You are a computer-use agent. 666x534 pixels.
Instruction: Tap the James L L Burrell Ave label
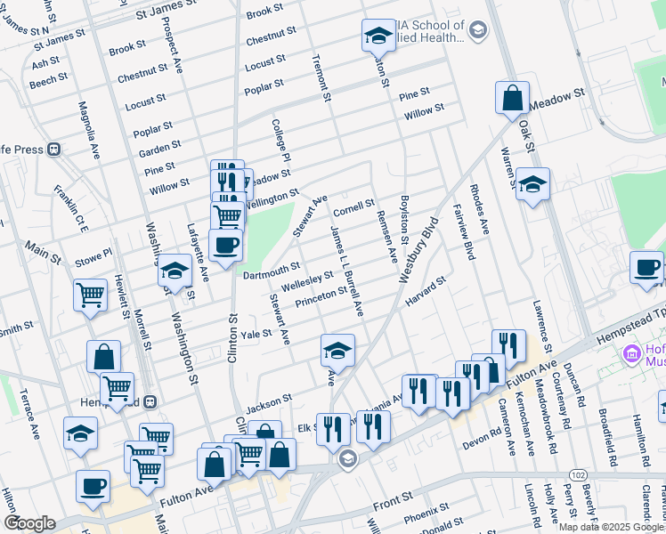(346, 271)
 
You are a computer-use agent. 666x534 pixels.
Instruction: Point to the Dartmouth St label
(272, 270)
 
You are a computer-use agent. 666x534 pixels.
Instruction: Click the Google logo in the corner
(29, 522)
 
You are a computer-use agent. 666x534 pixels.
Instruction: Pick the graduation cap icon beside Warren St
(532, 184)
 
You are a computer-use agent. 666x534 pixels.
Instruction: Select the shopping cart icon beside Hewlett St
(91, 295)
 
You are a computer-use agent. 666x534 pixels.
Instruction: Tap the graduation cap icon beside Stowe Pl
(175, 269)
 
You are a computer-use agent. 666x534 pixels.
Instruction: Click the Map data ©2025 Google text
(611, 526)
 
